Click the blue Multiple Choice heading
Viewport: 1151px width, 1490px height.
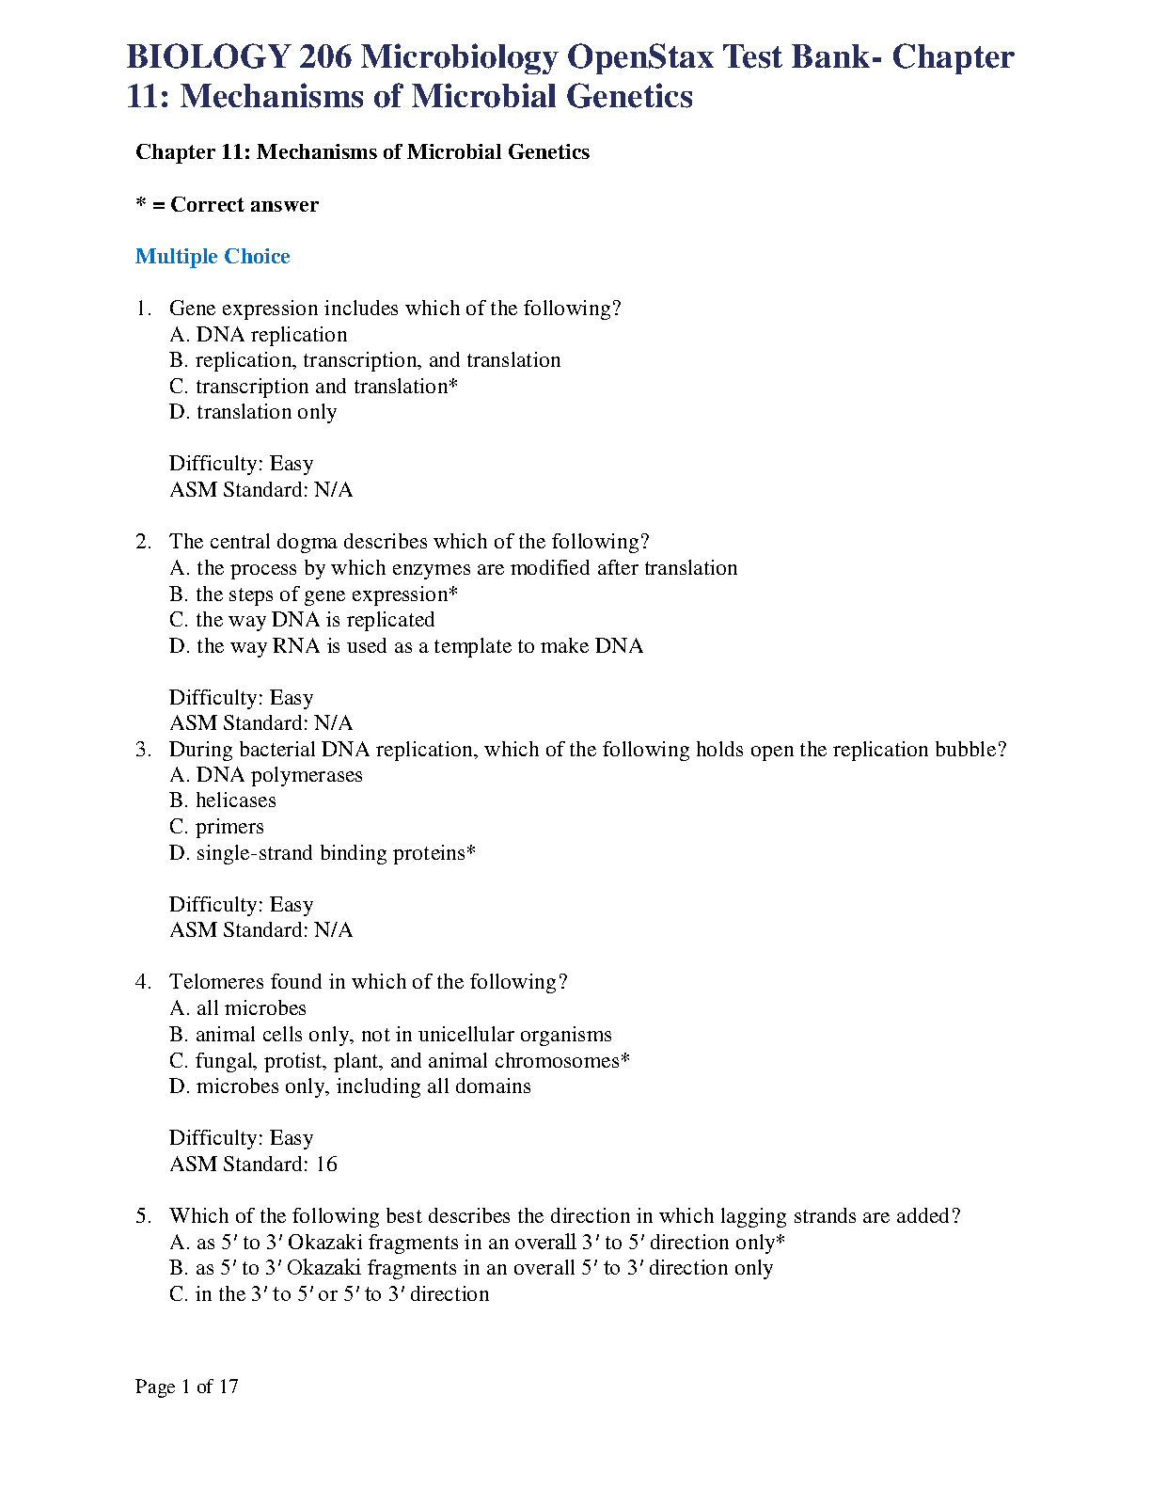213,257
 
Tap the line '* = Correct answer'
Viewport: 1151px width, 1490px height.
227,205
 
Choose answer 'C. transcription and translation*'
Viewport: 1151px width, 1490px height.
313,387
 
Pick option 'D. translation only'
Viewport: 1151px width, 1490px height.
253,412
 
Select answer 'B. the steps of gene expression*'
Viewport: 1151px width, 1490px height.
313,594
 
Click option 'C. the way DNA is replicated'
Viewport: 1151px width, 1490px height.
302,620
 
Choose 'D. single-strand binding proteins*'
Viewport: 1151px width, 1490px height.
323,853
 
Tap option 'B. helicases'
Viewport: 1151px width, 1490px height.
223,800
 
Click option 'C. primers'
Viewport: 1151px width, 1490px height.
216,827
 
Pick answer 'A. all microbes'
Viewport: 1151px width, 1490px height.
238,1008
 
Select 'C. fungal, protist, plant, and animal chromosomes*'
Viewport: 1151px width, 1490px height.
400,1061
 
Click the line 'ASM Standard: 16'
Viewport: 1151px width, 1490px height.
253,1165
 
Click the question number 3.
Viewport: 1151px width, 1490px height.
143,750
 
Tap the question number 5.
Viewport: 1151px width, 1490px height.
143,1216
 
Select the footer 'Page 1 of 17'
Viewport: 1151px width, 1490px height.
187,1387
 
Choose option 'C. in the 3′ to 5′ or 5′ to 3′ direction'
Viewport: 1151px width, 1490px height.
329,1294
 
